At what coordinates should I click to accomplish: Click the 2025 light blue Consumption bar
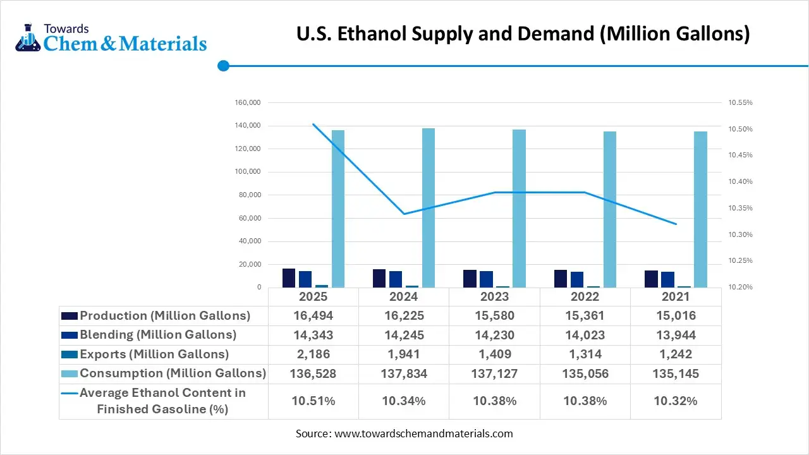(338, 209)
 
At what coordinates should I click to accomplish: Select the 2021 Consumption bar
(700, 209)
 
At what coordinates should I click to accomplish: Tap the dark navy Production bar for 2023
(470, 279)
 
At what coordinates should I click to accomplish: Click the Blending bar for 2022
(577, 279)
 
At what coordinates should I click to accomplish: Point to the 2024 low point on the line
(404, 214)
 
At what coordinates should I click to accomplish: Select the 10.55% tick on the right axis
(740, 102)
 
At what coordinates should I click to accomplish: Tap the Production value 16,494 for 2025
(313, 316)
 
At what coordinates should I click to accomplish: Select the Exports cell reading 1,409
(494, 355)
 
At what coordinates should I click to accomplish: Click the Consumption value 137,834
(404, 374)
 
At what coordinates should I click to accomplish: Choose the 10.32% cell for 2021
(675, 401)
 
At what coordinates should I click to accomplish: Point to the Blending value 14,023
(585, 335)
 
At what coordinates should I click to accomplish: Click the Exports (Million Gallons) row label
(154, 355)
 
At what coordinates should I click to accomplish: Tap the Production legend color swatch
(70, 316)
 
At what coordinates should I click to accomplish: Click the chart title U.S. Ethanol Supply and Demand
(523, 33)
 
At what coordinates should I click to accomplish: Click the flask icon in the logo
(27, 39)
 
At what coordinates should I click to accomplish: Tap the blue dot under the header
(223, 66)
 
